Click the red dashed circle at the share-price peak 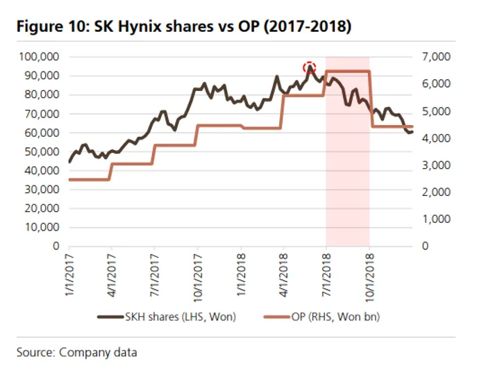[310, 67]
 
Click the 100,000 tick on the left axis [40, 56]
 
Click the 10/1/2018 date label [369, 271]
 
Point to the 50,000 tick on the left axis [42, 151]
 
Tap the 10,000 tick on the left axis [42, 227]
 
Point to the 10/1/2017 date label [198, 271]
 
